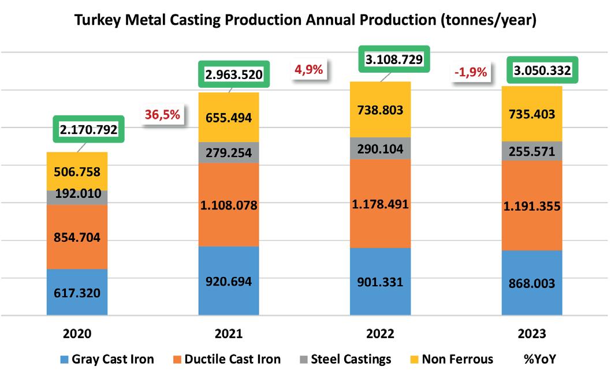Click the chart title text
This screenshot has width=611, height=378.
tap(306, 20)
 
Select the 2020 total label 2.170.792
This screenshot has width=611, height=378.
tap(89, 130)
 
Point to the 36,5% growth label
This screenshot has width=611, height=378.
tap(162, 114)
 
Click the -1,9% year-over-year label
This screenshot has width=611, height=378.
tap(471, 73)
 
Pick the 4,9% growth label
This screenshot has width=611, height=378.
tap(308, 70)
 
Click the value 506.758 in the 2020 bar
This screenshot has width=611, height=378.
tap(77, 173)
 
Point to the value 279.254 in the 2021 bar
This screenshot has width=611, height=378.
tap(228, 152)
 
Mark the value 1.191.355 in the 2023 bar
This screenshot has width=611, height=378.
tap(532, 206)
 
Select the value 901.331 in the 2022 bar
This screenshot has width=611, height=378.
tap(380, 282)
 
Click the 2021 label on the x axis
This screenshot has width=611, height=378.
tap(228, 334)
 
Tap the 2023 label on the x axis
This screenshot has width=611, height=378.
tap(532, 334)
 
